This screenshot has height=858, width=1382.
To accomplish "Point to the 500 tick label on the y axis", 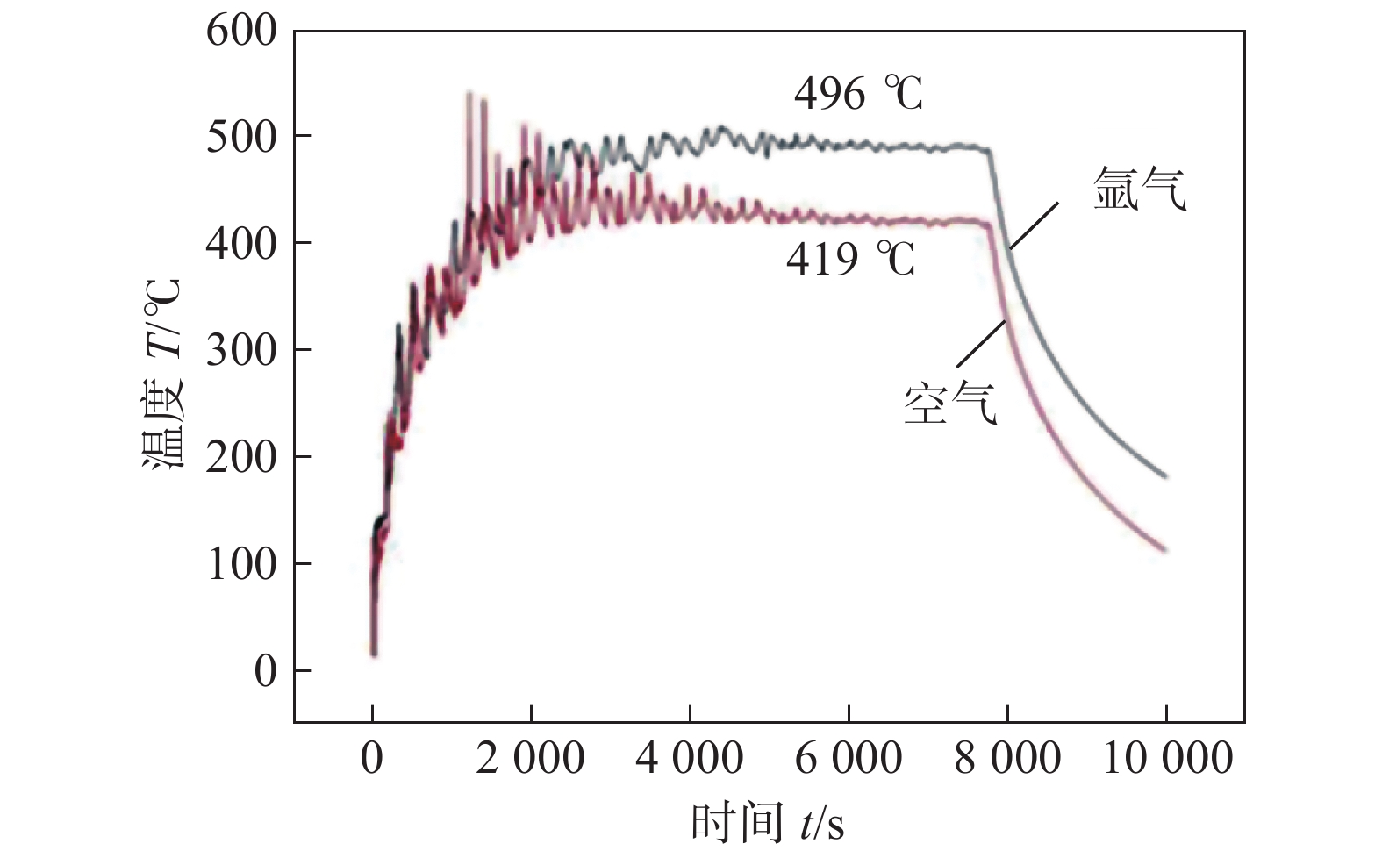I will coord(241,137).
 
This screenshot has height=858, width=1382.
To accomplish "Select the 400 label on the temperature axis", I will coord(241,244).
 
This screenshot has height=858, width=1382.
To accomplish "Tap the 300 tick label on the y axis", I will coord(241,351).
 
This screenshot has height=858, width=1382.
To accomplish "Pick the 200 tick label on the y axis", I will coord(241,457).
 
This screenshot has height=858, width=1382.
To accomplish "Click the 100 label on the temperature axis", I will coord(241,564).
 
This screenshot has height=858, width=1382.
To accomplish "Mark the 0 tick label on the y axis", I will coord(265,671).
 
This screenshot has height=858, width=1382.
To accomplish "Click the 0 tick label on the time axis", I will coord(372,758).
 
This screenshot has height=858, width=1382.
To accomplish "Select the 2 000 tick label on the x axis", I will coord(530,758).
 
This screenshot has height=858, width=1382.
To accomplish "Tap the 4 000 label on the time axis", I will coord(690,758).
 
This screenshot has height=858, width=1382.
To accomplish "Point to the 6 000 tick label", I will coord(849,758).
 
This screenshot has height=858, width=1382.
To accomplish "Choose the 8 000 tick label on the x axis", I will coord(1007,758).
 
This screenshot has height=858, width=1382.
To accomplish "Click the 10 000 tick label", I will coord(1167,758).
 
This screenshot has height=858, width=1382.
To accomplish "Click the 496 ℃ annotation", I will coord(859,93).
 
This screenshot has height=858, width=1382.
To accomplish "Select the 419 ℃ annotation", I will coord(850,259).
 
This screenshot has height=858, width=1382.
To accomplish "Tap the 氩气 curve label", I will coord(1140,188).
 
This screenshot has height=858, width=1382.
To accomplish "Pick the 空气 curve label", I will coord(950,404).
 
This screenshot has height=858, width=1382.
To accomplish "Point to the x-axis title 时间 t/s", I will coord(768,823).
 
